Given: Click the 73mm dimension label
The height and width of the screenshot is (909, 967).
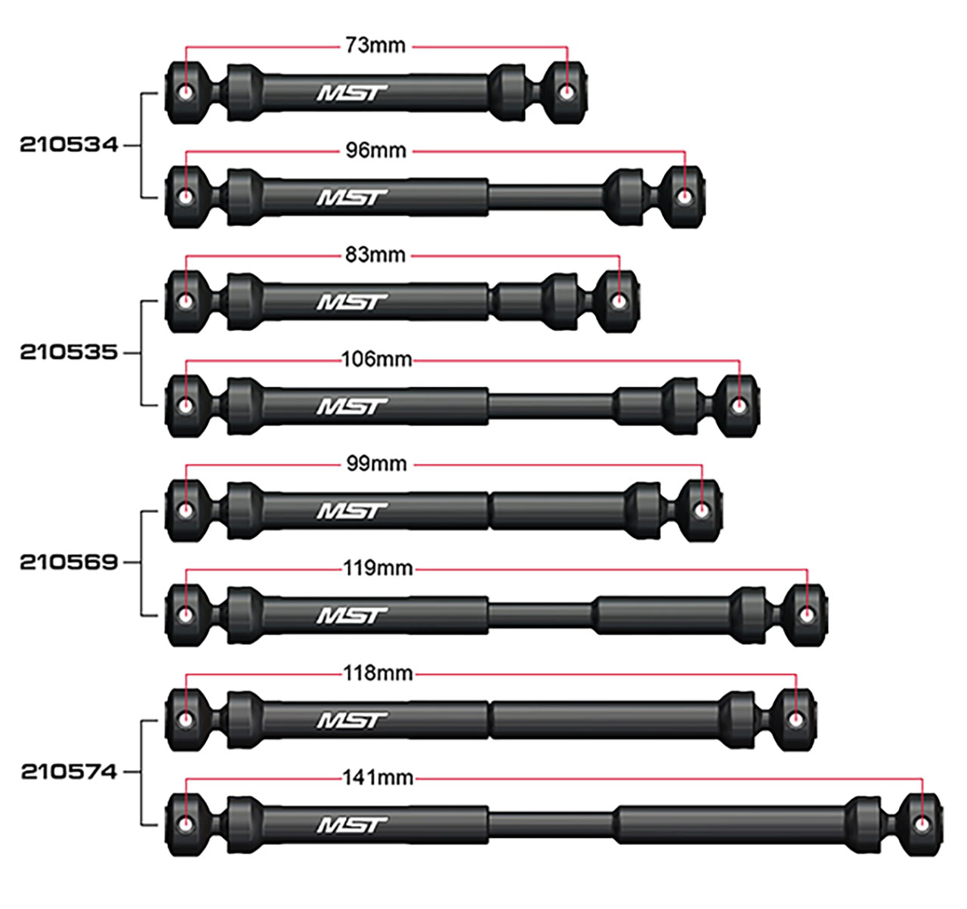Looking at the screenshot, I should click(375, 46).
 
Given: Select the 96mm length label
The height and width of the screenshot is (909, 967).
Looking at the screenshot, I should click(375, 151).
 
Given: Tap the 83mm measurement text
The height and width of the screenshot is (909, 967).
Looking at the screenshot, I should click(375, 255).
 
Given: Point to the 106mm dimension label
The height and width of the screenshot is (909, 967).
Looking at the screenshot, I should click(376, 360).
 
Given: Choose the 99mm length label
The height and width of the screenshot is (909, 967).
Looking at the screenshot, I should click(376, 464).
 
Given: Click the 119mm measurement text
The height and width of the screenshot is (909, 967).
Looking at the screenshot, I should click(377, 568).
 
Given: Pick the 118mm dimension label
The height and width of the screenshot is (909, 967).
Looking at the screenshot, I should click(377, 672).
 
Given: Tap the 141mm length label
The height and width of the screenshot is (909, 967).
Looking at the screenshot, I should click(377, 778).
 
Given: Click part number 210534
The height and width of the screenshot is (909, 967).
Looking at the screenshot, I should click(69, 145).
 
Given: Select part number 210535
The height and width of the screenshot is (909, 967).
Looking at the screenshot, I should click(69, 353).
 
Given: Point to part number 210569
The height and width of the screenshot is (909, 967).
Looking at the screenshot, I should click(69, 562).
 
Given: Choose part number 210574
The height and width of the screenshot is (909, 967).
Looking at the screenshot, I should click(69, 771).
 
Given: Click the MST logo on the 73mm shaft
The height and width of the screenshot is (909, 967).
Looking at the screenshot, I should click(351, 93).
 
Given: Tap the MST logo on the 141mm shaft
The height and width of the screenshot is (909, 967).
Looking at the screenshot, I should click(351, 824).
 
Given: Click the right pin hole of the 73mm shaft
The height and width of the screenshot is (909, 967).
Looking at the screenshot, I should click(567, 92).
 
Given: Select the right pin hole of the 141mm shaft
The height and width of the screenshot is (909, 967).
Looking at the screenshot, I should click(922, 824).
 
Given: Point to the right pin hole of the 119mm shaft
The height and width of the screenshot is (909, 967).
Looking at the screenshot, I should click(807, 615).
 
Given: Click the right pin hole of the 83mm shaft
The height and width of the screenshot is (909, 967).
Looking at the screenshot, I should click(619, 301).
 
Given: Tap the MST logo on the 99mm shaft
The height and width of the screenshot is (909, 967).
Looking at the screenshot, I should click(351, 512).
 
